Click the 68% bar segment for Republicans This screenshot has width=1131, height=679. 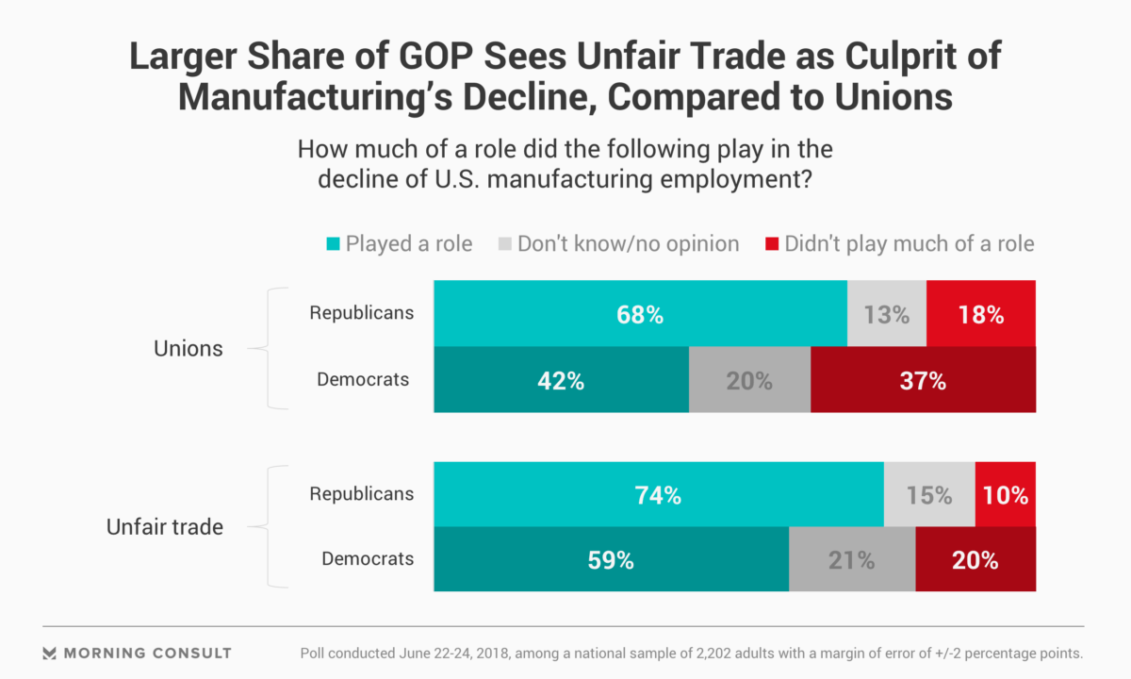click(x=640, y=313)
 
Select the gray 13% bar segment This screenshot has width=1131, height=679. click(x=886, y=313)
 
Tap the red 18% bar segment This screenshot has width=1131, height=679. click(x=981, y=313)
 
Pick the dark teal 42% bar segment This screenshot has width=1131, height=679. click(x=561, y=380)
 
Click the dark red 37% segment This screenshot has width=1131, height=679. click(x=923, y=380)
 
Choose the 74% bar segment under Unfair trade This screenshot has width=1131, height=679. click(x=658, y=494)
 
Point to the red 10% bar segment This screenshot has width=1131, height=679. click(x=1005, y=494)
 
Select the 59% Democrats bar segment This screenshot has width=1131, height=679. click(x=611, y=559)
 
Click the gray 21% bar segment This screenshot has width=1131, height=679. click(x=851, y=559)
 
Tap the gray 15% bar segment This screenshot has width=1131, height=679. click(x=929, y=494)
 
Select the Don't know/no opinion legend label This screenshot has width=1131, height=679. click(x=628, y=244)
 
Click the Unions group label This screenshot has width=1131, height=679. click(x=188, y=348)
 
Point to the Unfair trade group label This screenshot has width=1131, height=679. click(x=164, y=526)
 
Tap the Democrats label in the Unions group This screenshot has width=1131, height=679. click(x=363, y=380)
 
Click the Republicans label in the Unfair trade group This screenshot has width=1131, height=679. click(x=361, y=493)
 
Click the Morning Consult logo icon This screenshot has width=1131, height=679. click(x=50, y=653)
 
